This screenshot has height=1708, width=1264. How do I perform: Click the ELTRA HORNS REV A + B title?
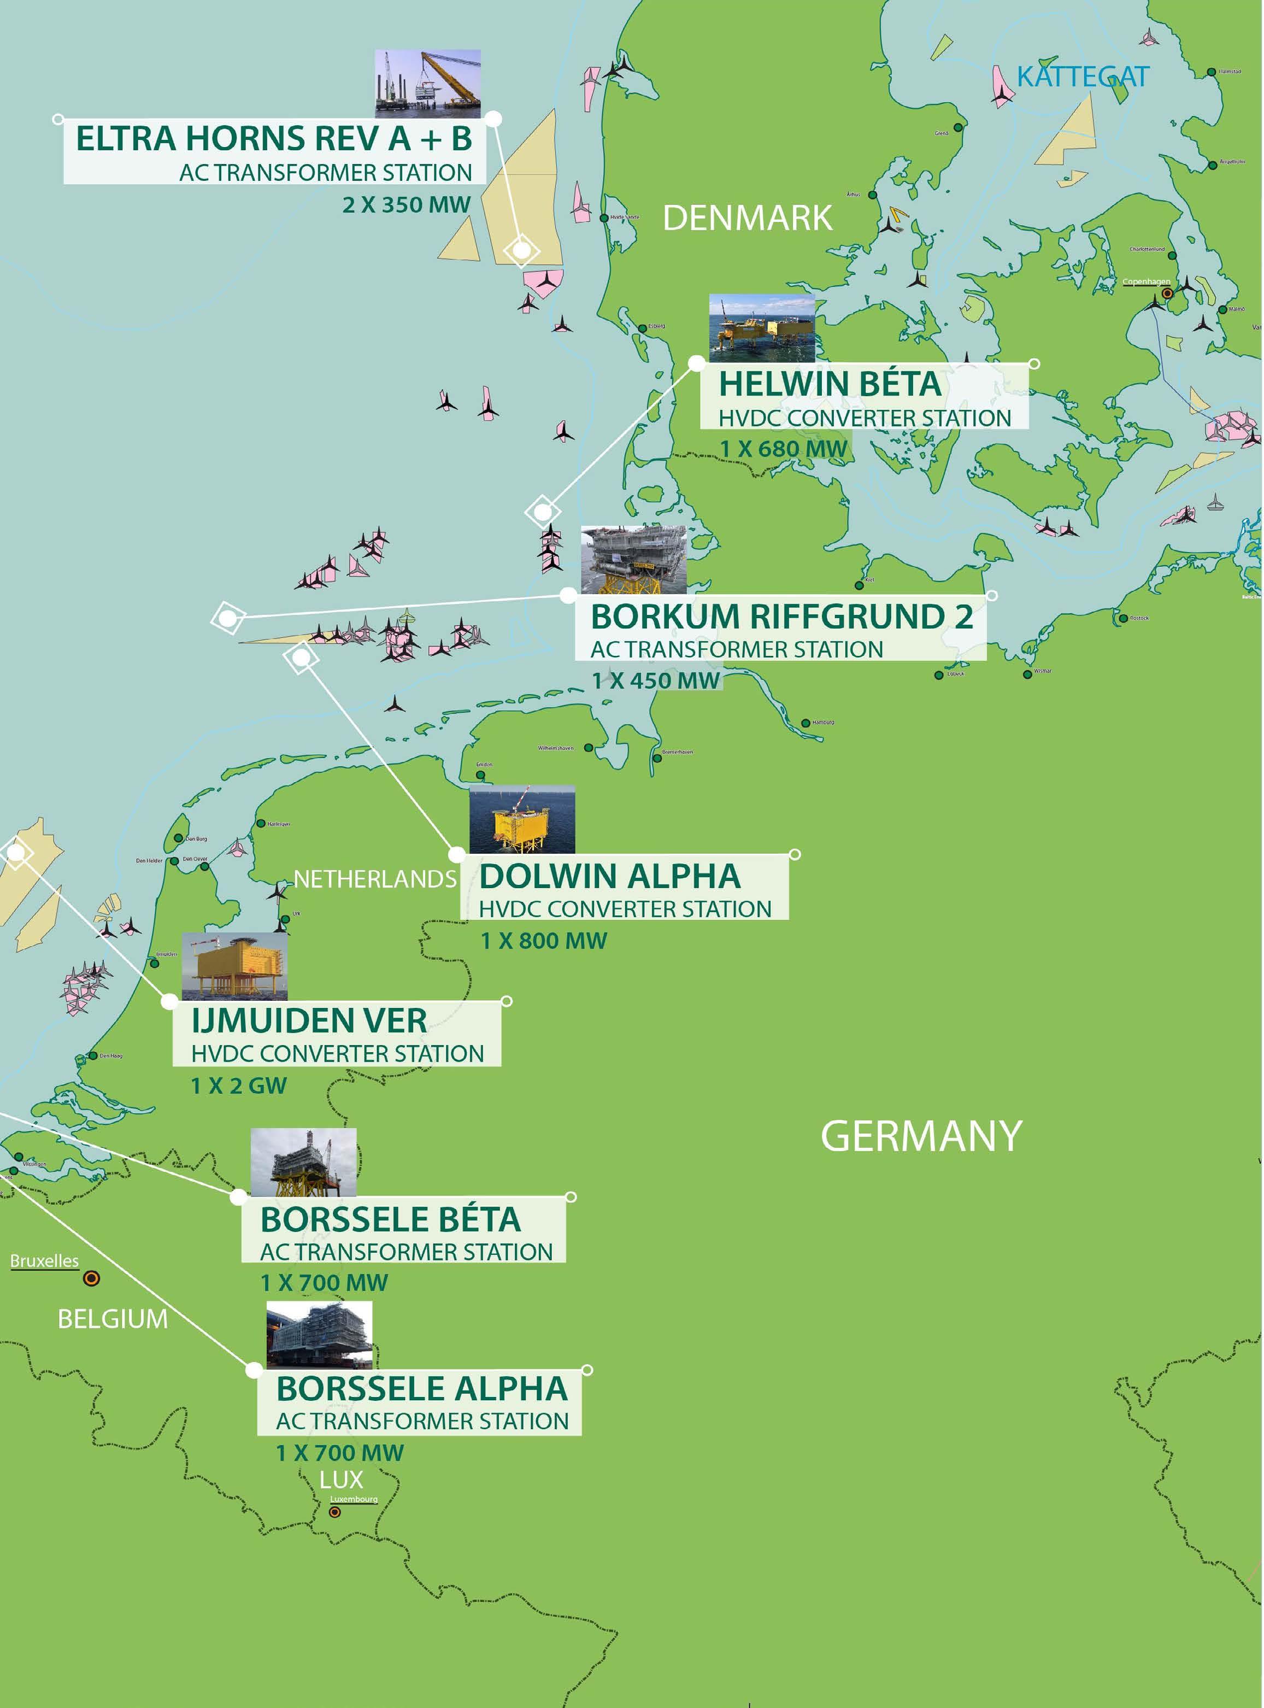pyautogui.click(x=274, y=139)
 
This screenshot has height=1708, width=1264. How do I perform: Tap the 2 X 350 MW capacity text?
pyautogui.click(x=405, y=205)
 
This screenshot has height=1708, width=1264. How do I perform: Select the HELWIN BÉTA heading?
pyautogui.click(x=830, y=384)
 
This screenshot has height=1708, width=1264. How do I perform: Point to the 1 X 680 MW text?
pyautogui.click(x=784, y=449)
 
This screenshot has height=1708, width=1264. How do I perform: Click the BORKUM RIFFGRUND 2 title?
pyautogui.click(x=781, y=617)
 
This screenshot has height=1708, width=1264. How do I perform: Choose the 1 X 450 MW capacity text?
pyautogui.click(x=656, y=681)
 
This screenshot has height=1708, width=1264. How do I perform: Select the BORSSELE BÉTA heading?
pyautogui.click(x=390, y=1220)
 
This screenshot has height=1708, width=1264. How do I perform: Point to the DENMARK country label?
pyautogui.click(x=747, y=219)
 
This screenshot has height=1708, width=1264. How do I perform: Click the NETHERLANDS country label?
pyautogui.click(x=375, y=880)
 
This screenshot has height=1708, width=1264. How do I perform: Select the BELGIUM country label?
pyautogui.click(x=113, y=1319)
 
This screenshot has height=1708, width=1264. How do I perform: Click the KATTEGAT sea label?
pyautogui.click(x=1082, y=77)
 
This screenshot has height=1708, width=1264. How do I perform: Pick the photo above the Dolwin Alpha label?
pyautogui.click(x=522, y=819)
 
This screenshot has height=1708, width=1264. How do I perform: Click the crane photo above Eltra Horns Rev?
pyautogui.click(x=428, y=84)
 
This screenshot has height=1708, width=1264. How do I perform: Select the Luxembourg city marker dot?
pyautogui.click(x=334, y=1513)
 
